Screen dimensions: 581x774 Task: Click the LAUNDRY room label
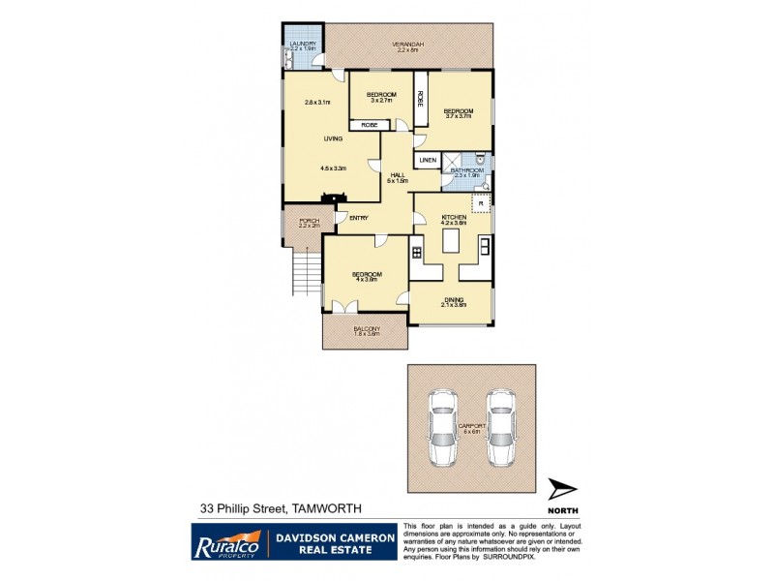click(305, 43)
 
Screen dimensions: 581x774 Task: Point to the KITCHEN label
click(454, 218)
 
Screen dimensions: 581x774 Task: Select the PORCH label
click(309, 221)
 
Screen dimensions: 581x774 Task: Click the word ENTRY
click(358, 217)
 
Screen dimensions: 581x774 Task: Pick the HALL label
click(397, 174)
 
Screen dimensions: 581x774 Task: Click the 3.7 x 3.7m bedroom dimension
click(457, 117)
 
